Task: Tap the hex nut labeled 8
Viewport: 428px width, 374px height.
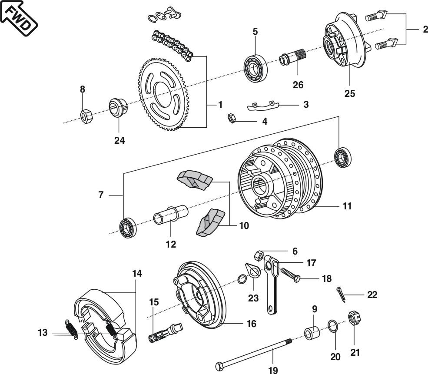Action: (x=85, y=116)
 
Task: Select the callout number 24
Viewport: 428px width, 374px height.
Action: (x=119, y=140)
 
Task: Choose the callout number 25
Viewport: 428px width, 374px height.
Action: (x=350, y=93)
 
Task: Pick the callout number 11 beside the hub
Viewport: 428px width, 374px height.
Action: (x=346, y=206)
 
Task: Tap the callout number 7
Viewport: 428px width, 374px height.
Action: (x=101, y=195)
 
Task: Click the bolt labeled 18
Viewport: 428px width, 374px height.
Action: (x=289, y=275)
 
